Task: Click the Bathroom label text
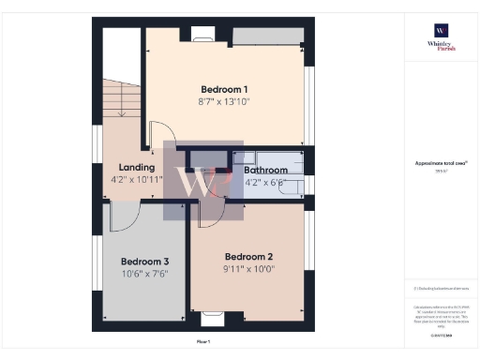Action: click(x=264, y=171)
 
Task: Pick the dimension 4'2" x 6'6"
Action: click(x=264, y=182)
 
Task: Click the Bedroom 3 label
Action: click(x=145, y=262)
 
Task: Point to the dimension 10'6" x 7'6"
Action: click(x=145, y=274)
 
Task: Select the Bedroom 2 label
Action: click(x=248, y=256)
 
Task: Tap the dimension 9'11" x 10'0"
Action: click(x=248, y=268)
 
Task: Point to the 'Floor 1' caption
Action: click(x=203, y=341)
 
